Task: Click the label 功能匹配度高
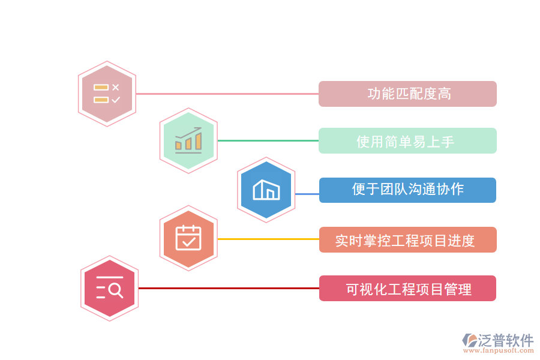407,94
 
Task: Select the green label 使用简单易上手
407,141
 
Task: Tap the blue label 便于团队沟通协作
407,190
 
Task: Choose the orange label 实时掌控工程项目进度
407,240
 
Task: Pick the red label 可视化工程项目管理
407,289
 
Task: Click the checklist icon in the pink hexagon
107,94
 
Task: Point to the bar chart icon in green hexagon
188,140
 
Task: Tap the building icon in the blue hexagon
266,190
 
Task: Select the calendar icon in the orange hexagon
188,238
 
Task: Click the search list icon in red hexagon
109,288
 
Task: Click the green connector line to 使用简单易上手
268,140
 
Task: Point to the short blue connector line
307,194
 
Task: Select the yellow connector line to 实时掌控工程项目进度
268,239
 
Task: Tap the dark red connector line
228,288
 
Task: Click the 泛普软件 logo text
505,340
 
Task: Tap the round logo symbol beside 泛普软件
469,341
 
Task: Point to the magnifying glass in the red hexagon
116,291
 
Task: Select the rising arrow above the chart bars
190,133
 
